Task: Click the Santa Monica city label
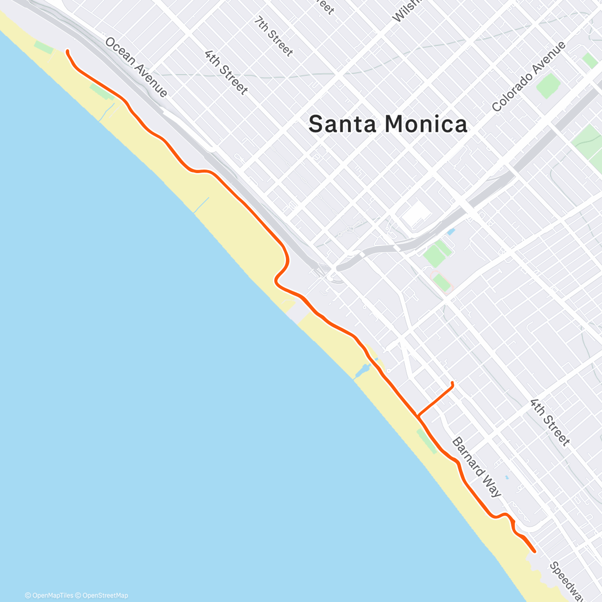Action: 387,124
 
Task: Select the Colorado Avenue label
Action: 529,76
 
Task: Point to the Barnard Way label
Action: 476,467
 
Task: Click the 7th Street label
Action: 273,36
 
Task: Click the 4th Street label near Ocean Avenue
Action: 226,72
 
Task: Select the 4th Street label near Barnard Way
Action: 550,422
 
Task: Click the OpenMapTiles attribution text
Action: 49,595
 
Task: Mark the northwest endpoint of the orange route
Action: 67,51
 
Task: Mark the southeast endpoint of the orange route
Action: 535,551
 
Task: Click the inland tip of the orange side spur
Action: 453,383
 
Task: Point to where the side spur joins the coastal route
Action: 417,416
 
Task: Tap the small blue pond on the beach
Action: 362,371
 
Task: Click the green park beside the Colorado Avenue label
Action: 548,86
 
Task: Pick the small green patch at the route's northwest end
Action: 44,48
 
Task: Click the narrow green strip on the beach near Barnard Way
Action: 426,441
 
